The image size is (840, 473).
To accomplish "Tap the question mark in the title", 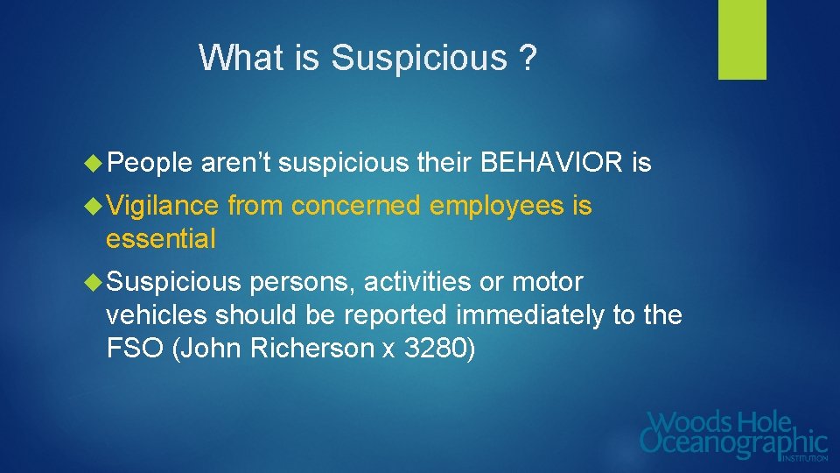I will coord(527,59).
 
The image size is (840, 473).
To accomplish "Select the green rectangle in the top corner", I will coord(742,39).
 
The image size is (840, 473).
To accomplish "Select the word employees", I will coord(495,207).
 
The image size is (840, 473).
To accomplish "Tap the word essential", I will coord(160,239).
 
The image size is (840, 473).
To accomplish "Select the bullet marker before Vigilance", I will coord(94,207).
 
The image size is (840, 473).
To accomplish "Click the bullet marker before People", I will coord(94,163).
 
